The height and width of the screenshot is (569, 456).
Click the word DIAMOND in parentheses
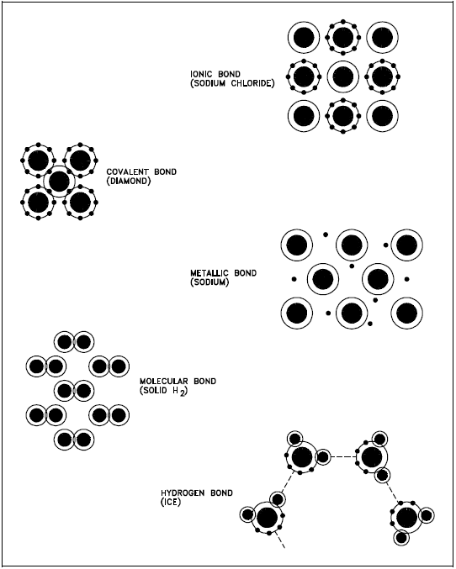coord(129,181)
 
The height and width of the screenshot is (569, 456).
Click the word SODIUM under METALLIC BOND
coord(209,282)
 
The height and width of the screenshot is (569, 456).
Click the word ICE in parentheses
coord(171,503)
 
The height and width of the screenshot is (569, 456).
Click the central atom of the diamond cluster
coord(59,182)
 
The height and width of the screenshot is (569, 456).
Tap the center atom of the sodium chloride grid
coord(343,76)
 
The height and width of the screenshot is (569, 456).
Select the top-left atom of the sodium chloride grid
coord(304,37)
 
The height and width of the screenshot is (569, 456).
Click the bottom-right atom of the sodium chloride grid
coord(382,116)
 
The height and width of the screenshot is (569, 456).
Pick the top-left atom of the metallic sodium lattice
coord(297,245)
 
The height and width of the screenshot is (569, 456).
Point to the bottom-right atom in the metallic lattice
coord(407,313)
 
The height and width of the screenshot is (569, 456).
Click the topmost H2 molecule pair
coord(74,342)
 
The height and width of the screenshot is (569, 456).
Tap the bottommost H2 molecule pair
coord(74,440)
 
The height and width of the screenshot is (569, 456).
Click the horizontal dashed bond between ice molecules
coord(343,457)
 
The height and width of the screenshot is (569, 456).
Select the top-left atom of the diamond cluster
coord(39,161)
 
